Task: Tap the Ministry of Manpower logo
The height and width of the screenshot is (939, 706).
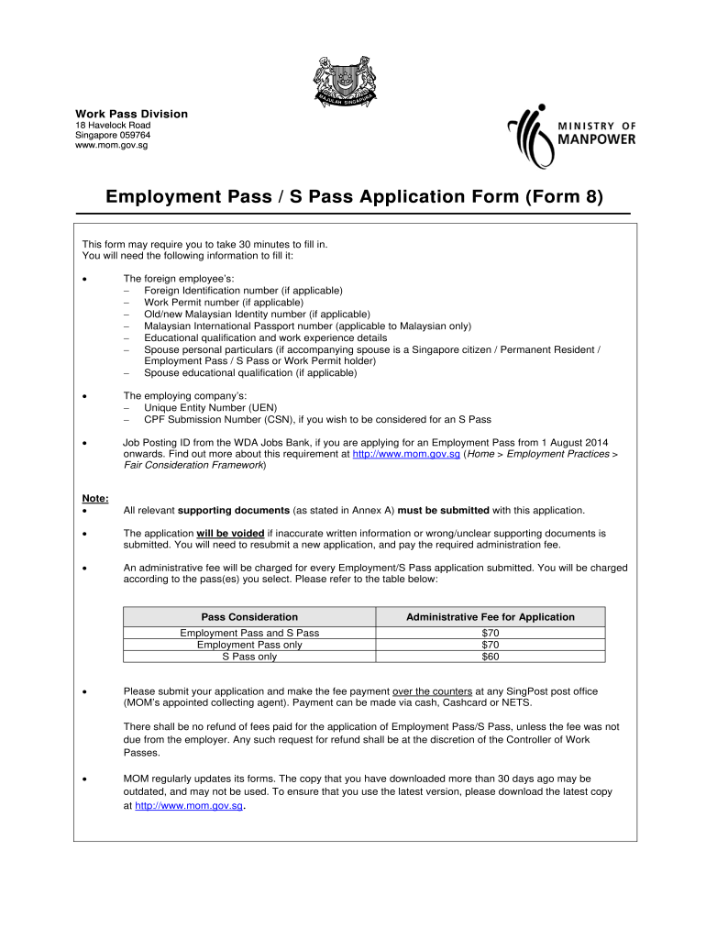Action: [x=572, y=132]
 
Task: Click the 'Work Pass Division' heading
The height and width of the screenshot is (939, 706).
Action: [x=131, y=114]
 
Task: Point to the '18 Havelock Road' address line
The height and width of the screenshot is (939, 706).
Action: [x=113, y=126]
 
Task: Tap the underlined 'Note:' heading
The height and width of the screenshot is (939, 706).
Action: [x=95, y=499]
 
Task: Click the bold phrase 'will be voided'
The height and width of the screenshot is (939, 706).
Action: [x=230, y=533]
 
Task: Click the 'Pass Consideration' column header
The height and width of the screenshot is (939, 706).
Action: [x=249, y=617]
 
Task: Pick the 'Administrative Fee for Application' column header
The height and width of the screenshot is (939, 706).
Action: [x=490, y=617]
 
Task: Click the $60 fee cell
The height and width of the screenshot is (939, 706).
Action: [x=490, y=657]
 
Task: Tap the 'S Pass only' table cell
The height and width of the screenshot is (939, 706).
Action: [x=249, y=657]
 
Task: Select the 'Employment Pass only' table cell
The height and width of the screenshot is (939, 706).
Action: [x=249, y=645]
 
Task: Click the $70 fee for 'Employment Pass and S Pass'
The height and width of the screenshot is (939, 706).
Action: [x=490, y=633]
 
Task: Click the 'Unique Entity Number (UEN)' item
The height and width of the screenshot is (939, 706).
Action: [x=210, y=407]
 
